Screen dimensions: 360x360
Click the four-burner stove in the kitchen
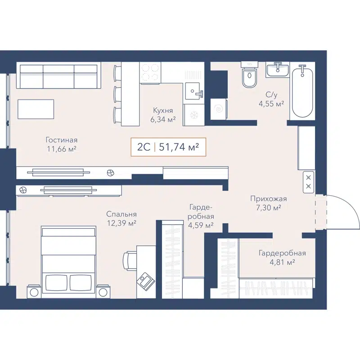pyautogui.click(x=150, y=72)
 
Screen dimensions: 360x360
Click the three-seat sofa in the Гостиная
pyautogui.click(x=58, y=76)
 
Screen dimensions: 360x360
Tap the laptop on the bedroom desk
pyautogui.click(x=145, y=280)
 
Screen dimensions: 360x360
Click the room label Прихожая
pyautogui.click(x=268, y=198)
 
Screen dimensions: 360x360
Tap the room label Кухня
pyautogui.click(x=162, y=110)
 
